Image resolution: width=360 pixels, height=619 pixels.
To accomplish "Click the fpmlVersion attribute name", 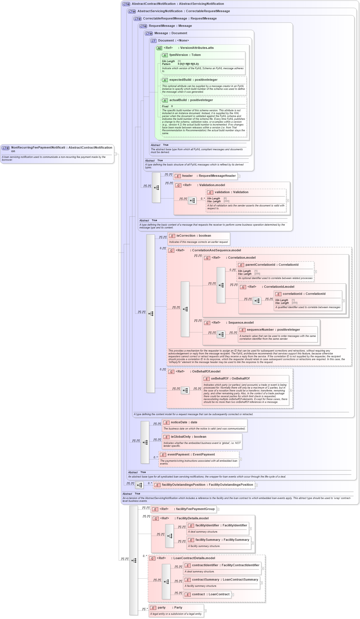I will pos(178,55).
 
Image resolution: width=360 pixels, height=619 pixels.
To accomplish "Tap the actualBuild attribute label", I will pos(178,100).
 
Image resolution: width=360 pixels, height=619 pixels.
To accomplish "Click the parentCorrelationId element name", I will pos(260,265).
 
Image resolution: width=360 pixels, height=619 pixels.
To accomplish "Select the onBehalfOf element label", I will pos(220,379).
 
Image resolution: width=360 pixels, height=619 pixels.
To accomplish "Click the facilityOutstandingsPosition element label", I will pos(183,485).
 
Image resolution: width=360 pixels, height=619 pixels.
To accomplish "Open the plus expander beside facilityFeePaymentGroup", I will pos(218,509).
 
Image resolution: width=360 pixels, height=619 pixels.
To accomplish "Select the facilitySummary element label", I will pos(207,540).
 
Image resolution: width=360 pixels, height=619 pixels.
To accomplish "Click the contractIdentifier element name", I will pos(205,565).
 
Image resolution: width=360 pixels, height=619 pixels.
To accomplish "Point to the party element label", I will pos(162,608).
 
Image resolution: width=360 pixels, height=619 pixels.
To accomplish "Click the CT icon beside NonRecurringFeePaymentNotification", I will pos(6,148).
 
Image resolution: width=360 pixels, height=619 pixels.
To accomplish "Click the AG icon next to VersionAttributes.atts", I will pos(159,48).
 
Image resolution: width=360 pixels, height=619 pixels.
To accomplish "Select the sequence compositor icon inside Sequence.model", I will pos(221,334).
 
